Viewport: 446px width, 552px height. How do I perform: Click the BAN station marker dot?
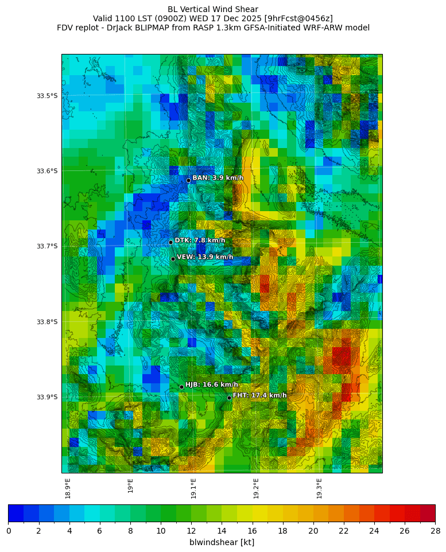pos(188,180)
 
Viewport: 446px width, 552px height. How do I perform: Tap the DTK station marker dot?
pos(170,242)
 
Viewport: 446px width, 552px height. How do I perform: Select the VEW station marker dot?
pos(173,259)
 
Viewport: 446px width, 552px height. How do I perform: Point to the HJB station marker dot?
pos(181,387)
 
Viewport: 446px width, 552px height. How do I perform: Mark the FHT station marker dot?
pos(229,398)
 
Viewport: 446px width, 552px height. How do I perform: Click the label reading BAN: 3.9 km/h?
pos(218,178)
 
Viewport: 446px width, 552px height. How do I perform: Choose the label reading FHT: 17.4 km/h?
pos(259,395)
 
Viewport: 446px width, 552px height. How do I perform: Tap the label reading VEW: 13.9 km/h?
pos(205,257)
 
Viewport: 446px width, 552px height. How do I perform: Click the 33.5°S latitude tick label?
pos(47,96)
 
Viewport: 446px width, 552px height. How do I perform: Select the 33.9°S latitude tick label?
pos(47,397)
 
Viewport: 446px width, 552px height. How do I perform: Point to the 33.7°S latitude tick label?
pos(47,246)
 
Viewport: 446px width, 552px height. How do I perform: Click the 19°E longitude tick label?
pos(131,485)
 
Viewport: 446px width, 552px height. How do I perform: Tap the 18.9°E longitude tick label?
pos(68,488)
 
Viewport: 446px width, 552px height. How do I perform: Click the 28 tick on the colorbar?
pos(435,531)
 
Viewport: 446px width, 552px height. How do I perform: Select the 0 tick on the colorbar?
pos(9,531)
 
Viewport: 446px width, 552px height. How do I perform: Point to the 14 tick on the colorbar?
pos(222,531)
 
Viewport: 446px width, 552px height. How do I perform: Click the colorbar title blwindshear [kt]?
pos(222,542)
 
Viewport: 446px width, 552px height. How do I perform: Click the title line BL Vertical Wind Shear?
pos(213,9)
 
